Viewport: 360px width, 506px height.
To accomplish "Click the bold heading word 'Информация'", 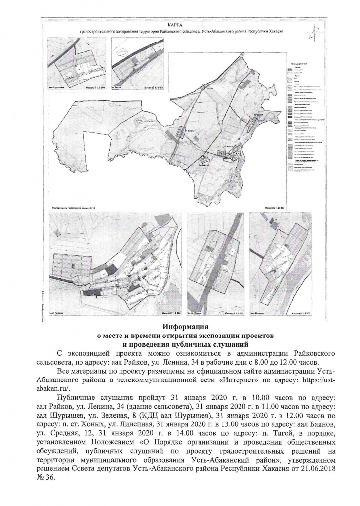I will pos(179,327).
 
